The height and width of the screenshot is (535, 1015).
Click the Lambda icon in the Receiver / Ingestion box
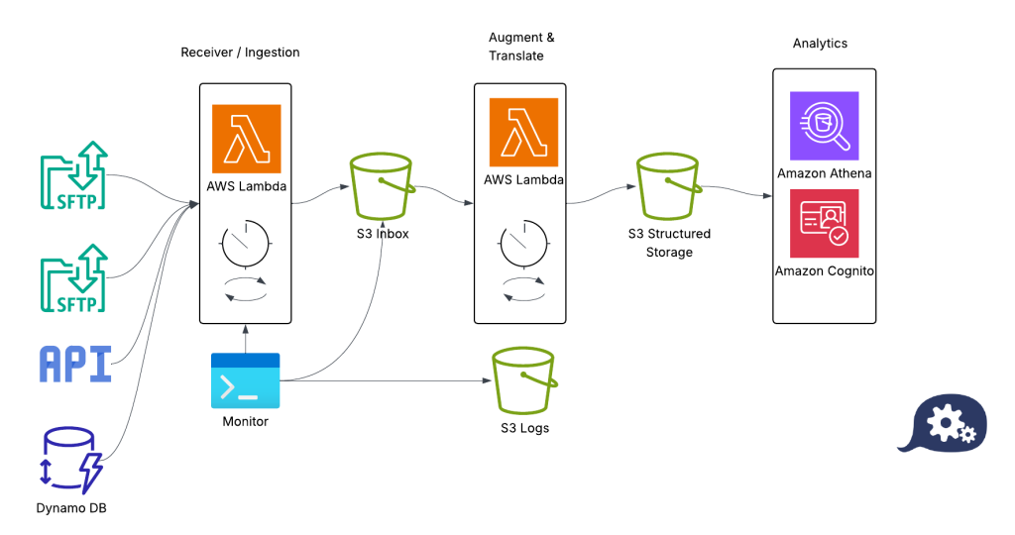(x=246, y=139)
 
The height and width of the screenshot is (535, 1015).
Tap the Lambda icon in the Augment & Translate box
(x=523, y=133)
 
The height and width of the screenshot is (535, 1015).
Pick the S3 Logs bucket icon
(x=524, y=381)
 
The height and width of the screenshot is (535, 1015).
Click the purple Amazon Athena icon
(x=824, y=126)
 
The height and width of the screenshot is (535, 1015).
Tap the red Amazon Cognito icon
(x=824, y=224)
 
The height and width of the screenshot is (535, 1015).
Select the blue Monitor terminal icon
(x=246, y=380)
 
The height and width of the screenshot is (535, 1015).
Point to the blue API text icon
(x=75, y=364)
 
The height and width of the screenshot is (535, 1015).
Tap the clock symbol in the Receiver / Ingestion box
(x=246, y=243)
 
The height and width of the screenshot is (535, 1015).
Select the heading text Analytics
(x=820, y=44)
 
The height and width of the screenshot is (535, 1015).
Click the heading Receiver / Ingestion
(x=240, y=53)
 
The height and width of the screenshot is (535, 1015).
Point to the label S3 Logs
(x=524, y=428)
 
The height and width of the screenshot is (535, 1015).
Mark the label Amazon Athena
(x=824, y=174)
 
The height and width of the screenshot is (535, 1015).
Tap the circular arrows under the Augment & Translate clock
(x=523, y=287)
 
